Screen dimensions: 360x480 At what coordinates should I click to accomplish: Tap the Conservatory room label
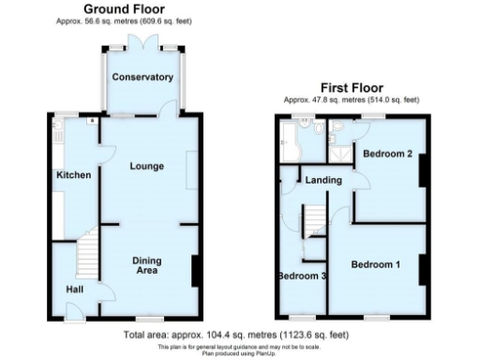coord(143,77)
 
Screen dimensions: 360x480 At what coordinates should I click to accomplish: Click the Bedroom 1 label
coord(376,264)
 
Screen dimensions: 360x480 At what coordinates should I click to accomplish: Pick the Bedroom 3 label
coord(302,276)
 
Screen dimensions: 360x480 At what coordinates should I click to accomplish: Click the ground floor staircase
coord(85,252)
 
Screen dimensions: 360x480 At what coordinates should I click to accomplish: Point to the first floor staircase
coord(312,221)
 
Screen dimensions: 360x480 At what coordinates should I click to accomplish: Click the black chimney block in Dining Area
coord(195,271)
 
